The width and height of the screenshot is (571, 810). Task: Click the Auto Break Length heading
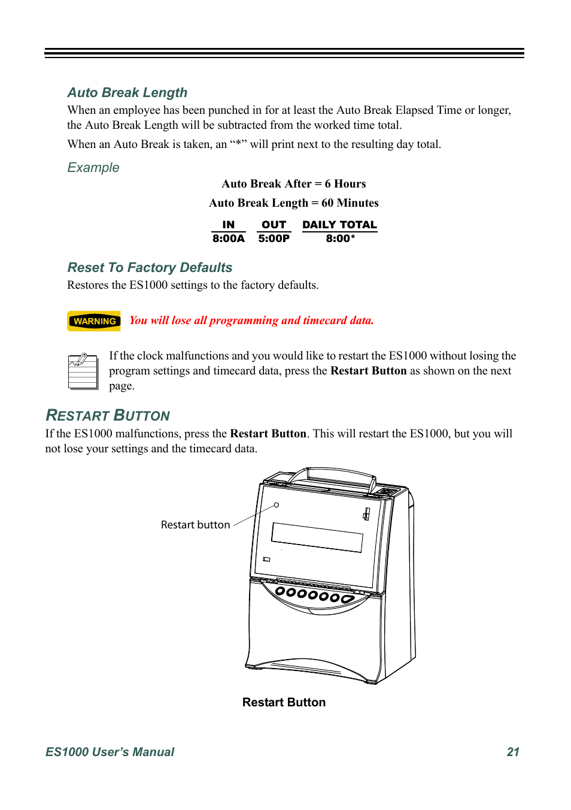127,93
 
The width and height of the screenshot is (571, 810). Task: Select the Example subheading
93,168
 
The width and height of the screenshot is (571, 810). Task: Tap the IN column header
228,225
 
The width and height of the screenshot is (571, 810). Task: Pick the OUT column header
274,225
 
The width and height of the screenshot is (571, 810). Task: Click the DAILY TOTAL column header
339,225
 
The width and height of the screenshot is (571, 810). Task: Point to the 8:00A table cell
228,238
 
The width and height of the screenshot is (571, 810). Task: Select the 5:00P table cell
274,238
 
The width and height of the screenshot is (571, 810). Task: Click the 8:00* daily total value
340,238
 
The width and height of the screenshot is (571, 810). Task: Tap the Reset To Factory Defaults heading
150,268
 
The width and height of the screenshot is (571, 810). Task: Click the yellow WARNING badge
94,321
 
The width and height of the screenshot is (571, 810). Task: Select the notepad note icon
83,371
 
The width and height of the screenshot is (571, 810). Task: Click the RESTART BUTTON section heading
108,416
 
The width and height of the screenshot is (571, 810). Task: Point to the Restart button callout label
195,525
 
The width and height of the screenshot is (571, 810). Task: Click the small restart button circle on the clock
277,505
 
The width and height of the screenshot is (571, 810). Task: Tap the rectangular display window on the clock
317,537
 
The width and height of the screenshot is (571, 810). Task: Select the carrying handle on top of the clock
332,476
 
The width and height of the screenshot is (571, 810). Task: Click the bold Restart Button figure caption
284,702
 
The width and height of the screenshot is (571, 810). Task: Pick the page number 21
513,752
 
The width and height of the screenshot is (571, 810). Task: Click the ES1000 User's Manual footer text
110,752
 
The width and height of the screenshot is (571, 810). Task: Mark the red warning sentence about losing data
251,321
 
